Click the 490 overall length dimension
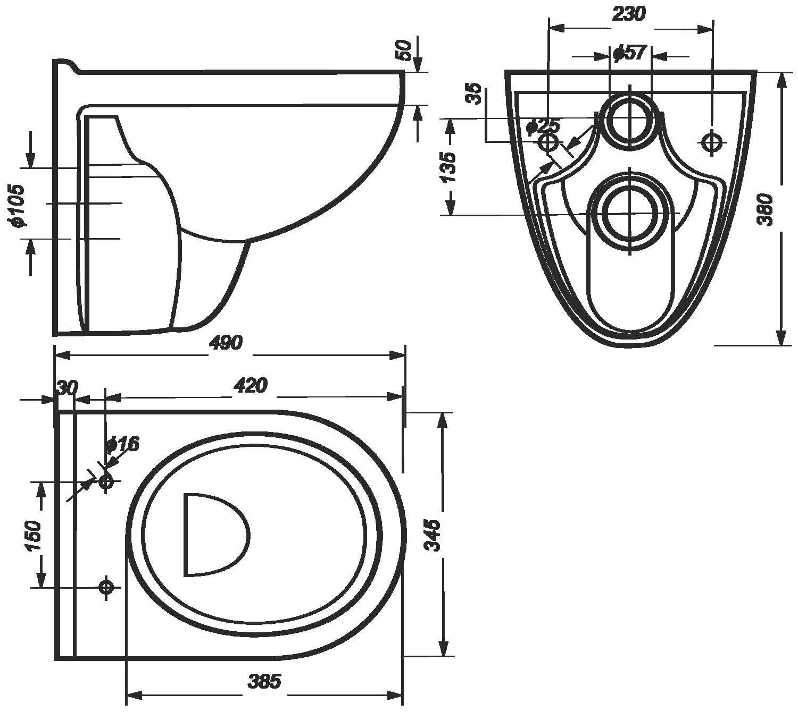[x=226, y=343]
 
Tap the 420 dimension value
[x=251, y=385]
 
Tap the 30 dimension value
[x=68, y=388]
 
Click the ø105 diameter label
[x=18, y=205]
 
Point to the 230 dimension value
[x=629, y=14]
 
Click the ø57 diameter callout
[x=630, y=52]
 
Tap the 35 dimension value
[x=474, y=93]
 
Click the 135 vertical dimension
[x=448, y=167]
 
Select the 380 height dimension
[x=766, y=209]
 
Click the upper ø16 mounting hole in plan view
[x=105, y=481]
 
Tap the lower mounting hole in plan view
[x=105, y=588]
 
